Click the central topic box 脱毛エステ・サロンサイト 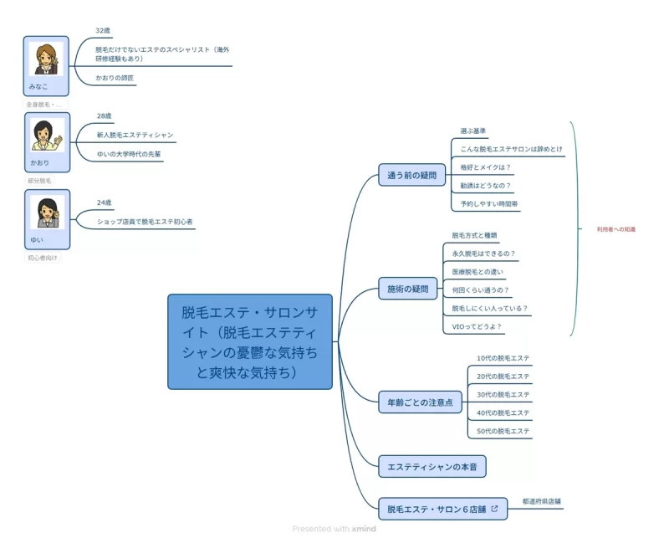tap(250, 341)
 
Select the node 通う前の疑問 tap(412, 176)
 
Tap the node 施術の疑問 tap(407, 289)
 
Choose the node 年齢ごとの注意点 tap(420, 402)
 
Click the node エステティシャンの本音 tap(432, 466)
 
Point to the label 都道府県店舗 tap(541, 502)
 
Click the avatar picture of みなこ tap(46, 59)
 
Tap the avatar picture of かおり tap(46, 135)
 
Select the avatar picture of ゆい tap(46, 212)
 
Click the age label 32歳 tap(103, 30)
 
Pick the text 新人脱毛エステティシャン tap(135, 135)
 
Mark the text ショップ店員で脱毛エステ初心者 tap(145, 222)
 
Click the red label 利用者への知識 tap(615, 228)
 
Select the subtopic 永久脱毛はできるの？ tap(483, 254)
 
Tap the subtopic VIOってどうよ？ tap(477, 327)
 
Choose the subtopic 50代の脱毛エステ tap(503, 431)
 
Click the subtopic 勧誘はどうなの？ tap(485, 185)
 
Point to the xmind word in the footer tap(364, 529)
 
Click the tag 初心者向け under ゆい tap(43, 259)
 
